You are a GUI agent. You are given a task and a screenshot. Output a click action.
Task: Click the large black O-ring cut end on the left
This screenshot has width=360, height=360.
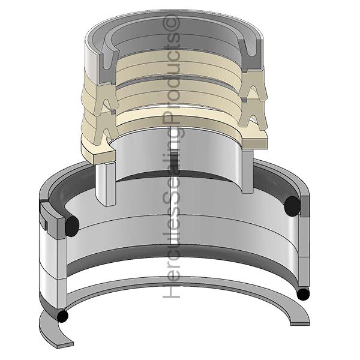(x=72, y=226)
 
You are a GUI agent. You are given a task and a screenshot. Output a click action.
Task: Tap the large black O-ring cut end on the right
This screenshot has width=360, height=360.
(x=292, y=206)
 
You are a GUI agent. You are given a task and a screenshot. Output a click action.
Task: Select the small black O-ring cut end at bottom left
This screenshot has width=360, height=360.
(x=62, y=316)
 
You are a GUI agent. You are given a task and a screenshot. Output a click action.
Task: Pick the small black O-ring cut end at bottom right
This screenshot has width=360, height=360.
(x=303, y=294)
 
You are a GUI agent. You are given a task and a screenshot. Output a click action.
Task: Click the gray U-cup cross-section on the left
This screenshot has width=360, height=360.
(x=107, y=64)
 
